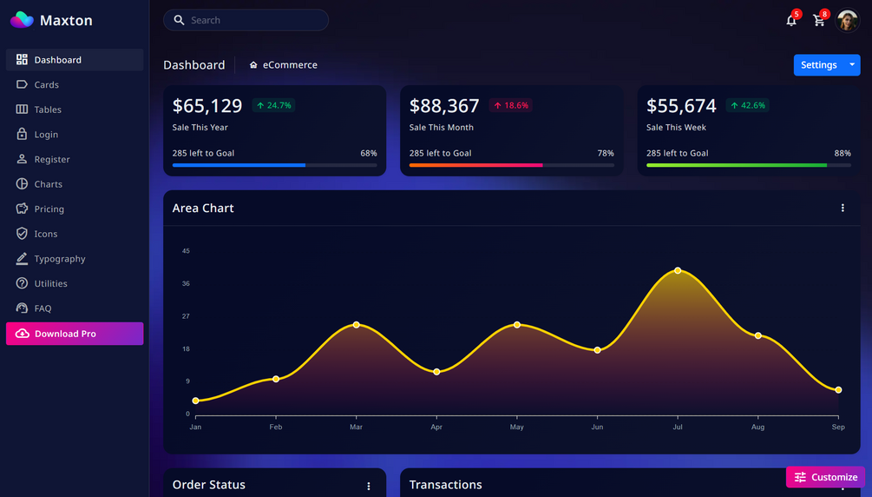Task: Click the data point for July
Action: pyautogui.click(x=678, y=271)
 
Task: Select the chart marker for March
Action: pyautogui.click(x=357, y=325)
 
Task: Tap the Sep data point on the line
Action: pyautogui.click(x=838, y=390)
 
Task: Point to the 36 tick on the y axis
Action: pyautogui.click(x=186, y=284)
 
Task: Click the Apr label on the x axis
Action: pyautogui.click(x=436, y=427)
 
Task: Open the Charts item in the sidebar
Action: pyautogui.click(x=48, y=184)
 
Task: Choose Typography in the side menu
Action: pyautogui.click(x=59, y=259)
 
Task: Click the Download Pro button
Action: pyautogui.click(x=75, y=334)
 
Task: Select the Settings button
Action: pyautogui.click(x=818, y=65)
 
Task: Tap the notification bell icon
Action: pyautogui.click(x=791, y=21)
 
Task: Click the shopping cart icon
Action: pyautogui.click(x=818, y=21)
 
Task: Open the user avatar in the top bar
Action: pyautogui.click(x=847, y=21)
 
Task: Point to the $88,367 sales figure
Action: pyautogui.click(x=444, y=106)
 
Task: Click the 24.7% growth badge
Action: pyautogui.click(x=273, y=105)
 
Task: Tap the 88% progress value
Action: pyautogui.click(x=842, y=153)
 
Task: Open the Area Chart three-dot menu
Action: pyautogui.click(x=842, y=209)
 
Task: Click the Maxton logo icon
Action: pyautogui.click(x=22, y=20)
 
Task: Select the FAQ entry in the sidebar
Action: pyautogui.click(x=43, y=308)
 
